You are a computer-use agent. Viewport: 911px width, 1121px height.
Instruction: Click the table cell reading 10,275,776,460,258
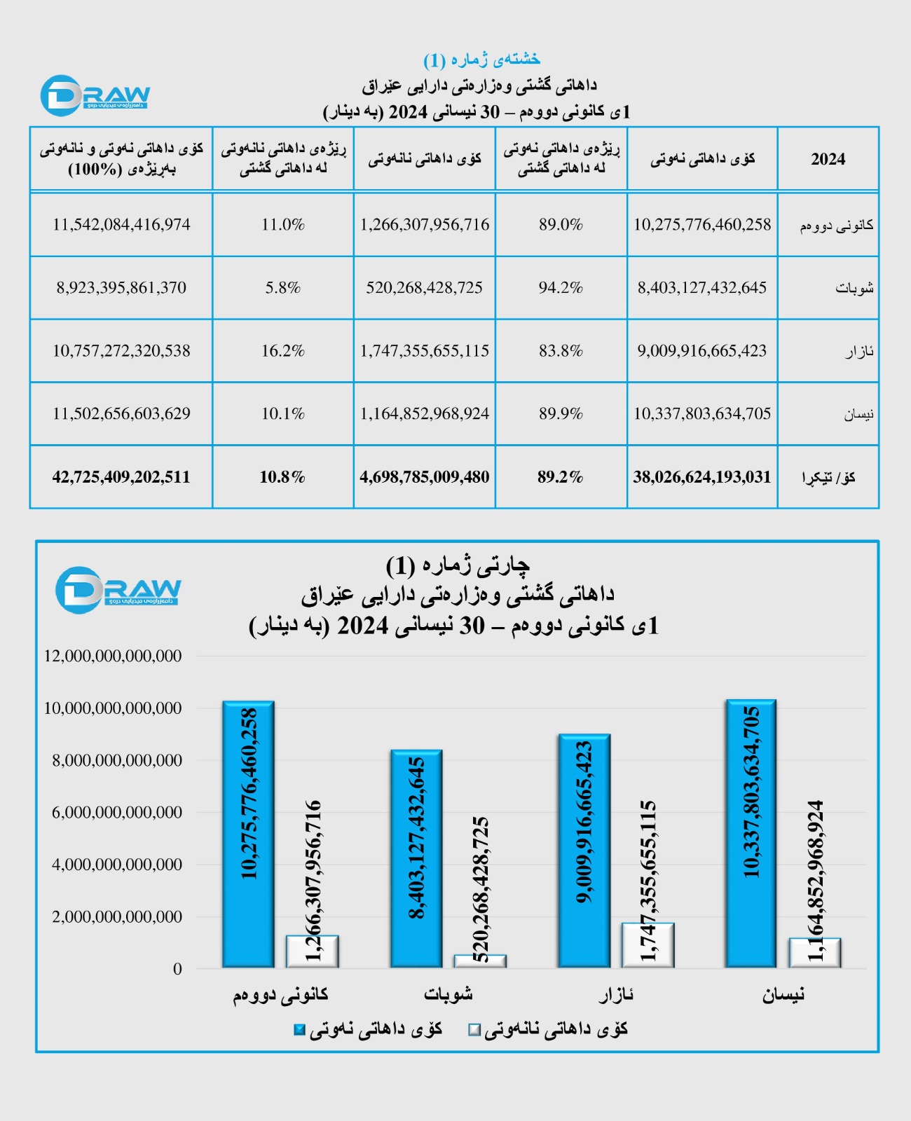click(702, 225)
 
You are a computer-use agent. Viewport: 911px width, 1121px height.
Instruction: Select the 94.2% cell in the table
click(561, 288)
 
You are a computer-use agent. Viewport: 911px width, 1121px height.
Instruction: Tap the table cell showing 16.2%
click(283, 351)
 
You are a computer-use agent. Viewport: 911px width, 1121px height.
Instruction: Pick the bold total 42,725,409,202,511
click(121, 477)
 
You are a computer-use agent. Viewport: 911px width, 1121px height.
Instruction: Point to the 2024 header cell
click(828, 159)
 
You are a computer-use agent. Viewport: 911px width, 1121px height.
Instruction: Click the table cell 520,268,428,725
click(424, 288)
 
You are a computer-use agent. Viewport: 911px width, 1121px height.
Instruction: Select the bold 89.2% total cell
click(561, 477)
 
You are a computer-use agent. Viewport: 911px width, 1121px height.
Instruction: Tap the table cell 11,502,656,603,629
click(121, 414)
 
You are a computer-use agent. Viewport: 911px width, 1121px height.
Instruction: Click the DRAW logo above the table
click(95, 95)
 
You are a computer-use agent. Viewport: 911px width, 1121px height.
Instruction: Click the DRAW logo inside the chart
click(118, 590)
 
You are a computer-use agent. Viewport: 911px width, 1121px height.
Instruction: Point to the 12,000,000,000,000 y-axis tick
click(113, 656)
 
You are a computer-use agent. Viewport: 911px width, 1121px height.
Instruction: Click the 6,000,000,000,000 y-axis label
click(117, 813)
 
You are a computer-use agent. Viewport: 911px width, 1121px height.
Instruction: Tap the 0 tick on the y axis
click(177, 969)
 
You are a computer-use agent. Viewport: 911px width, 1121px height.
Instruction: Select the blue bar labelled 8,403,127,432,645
click(416, 858)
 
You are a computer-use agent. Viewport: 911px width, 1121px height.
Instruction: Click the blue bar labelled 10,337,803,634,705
click(751, 834)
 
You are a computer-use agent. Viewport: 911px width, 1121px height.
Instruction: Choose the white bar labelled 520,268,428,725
click(480, 961)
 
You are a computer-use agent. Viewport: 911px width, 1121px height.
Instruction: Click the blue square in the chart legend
click(300, 1030)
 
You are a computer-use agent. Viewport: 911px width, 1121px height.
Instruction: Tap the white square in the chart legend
click(474, 1030)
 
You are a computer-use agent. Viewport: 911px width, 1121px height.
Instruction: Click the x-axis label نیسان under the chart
click(783, 995)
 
